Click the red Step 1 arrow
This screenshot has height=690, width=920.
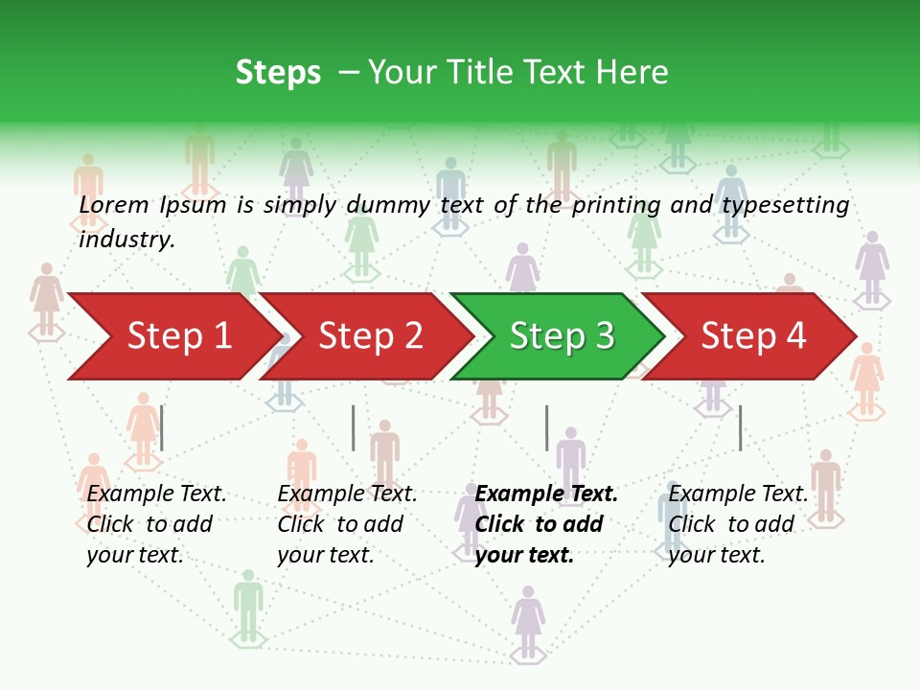tap(172, 335)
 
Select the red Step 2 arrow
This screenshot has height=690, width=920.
tap(369, 335)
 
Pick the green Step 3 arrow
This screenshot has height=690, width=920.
tap(560, 335)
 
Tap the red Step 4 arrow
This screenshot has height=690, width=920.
tap(752, 335)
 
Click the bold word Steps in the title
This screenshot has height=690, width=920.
tap(278, 73)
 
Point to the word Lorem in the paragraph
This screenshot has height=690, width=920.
tap(114, 204)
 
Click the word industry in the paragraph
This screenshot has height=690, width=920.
tap(126, 239)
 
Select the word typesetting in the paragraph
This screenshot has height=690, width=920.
tap(785, 205)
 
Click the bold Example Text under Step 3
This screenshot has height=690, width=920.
tap(546, 494)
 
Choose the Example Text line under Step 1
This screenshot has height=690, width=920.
tap(156, 494)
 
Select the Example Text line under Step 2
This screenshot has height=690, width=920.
tap(347, 494)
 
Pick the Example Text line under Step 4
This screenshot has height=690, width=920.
tap(738, 494)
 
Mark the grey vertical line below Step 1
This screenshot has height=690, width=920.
tap(162, 427)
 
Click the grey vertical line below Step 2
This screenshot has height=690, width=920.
tap(354, 427)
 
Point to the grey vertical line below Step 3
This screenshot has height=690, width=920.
tap(547, 427)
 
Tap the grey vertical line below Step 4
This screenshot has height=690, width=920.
tap(740, 427)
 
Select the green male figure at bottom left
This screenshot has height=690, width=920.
tap(248, 604)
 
